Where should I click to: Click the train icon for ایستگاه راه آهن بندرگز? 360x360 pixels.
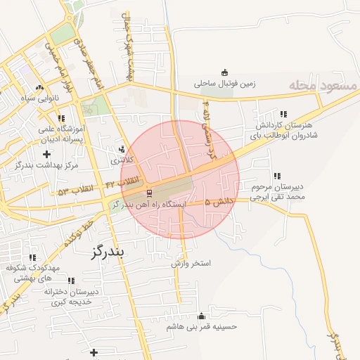(x=148, y=192)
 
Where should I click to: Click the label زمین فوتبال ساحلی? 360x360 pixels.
(x=224, y=83)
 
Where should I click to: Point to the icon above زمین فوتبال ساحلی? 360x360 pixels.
(x=224, y=72)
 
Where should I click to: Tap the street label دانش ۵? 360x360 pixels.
(x=219, y=202)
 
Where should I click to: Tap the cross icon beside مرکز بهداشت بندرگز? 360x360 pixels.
(x=46, y=153)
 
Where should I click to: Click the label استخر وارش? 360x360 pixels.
(x=191, y=264)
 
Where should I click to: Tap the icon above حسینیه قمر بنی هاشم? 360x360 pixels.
(x=202, y=316)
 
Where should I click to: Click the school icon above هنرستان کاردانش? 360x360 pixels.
(x=283, y=113)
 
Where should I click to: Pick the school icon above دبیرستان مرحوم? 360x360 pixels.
(x=278, y=176)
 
